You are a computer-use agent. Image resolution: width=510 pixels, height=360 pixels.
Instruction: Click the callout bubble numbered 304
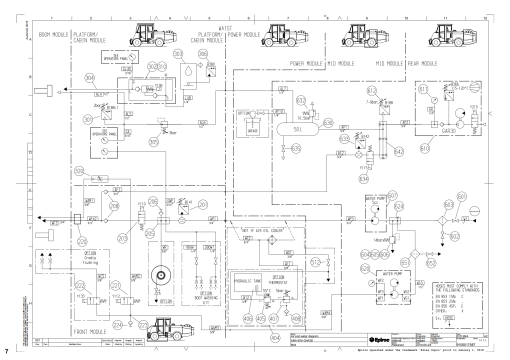point(89,77)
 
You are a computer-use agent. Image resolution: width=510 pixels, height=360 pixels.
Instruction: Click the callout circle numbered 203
point(124,239)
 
